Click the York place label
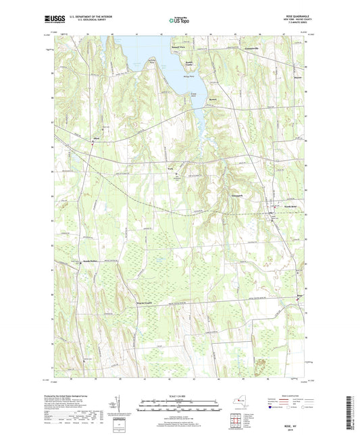(x=172, y=169)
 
